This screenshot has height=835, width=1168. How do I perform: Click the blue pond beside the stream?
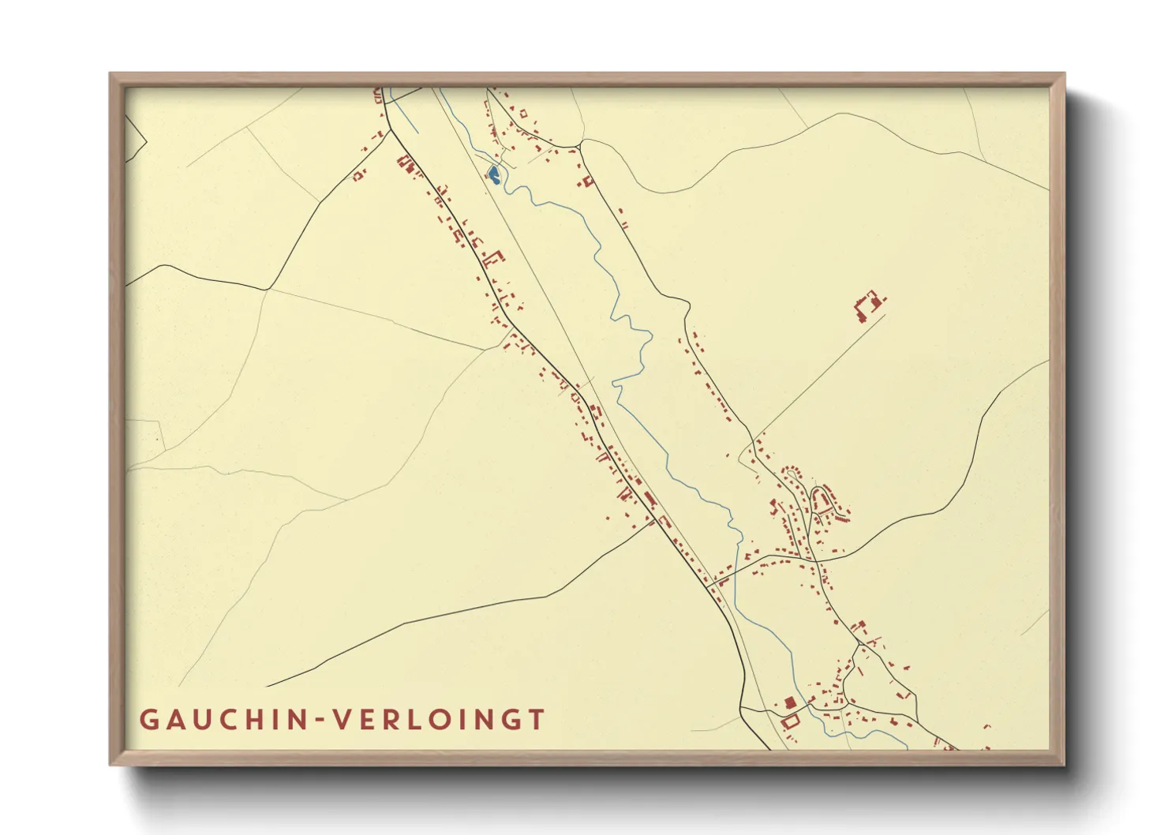click(x=493, y=174)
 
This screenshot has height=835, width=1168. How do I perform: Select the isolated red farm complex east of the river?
click(x=867, y=305)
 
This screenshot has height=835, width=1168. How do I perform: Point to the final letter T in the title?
click(x=537, y=720)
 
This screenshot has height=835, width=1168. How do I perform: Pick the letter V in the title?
click(x=343, y=720)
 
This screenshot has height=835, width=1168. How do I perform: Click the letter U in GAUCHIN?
click(x=202, y=720)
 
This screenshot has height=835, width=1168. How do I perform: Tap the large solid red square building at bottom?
click(x=789, y=702)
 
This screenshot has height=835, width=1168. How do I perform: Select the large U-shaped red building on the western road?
click(x=495, y=257)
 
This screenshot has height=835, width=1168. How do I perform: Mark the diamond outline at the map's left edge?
click(x=135, y=140)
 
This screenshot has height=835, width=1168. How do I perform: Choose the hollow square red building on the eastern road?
click(x=587, y=182)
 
